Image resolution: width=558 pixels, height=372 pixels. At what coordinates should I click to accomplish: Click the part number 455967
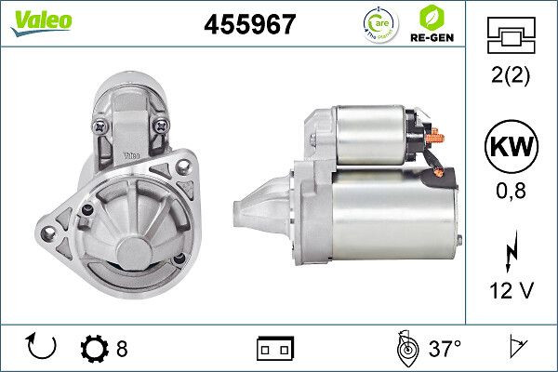point(249,24)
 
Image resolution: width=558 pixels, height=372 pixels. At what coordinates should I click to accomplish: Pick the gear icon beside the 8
point(94,349)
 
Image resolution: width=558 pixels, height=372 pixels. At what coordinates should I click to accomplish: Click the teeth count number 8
point(122,349)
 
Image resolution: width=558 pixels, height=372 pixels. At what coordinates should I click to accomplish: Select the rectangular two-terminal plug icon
point(275,349)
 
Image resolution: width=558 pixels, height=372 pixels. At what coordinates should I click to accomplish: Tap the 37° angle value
point(445,349)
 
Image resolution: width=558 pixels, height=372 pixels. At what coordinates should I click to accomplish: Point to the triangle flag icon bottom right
point(515,349)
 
